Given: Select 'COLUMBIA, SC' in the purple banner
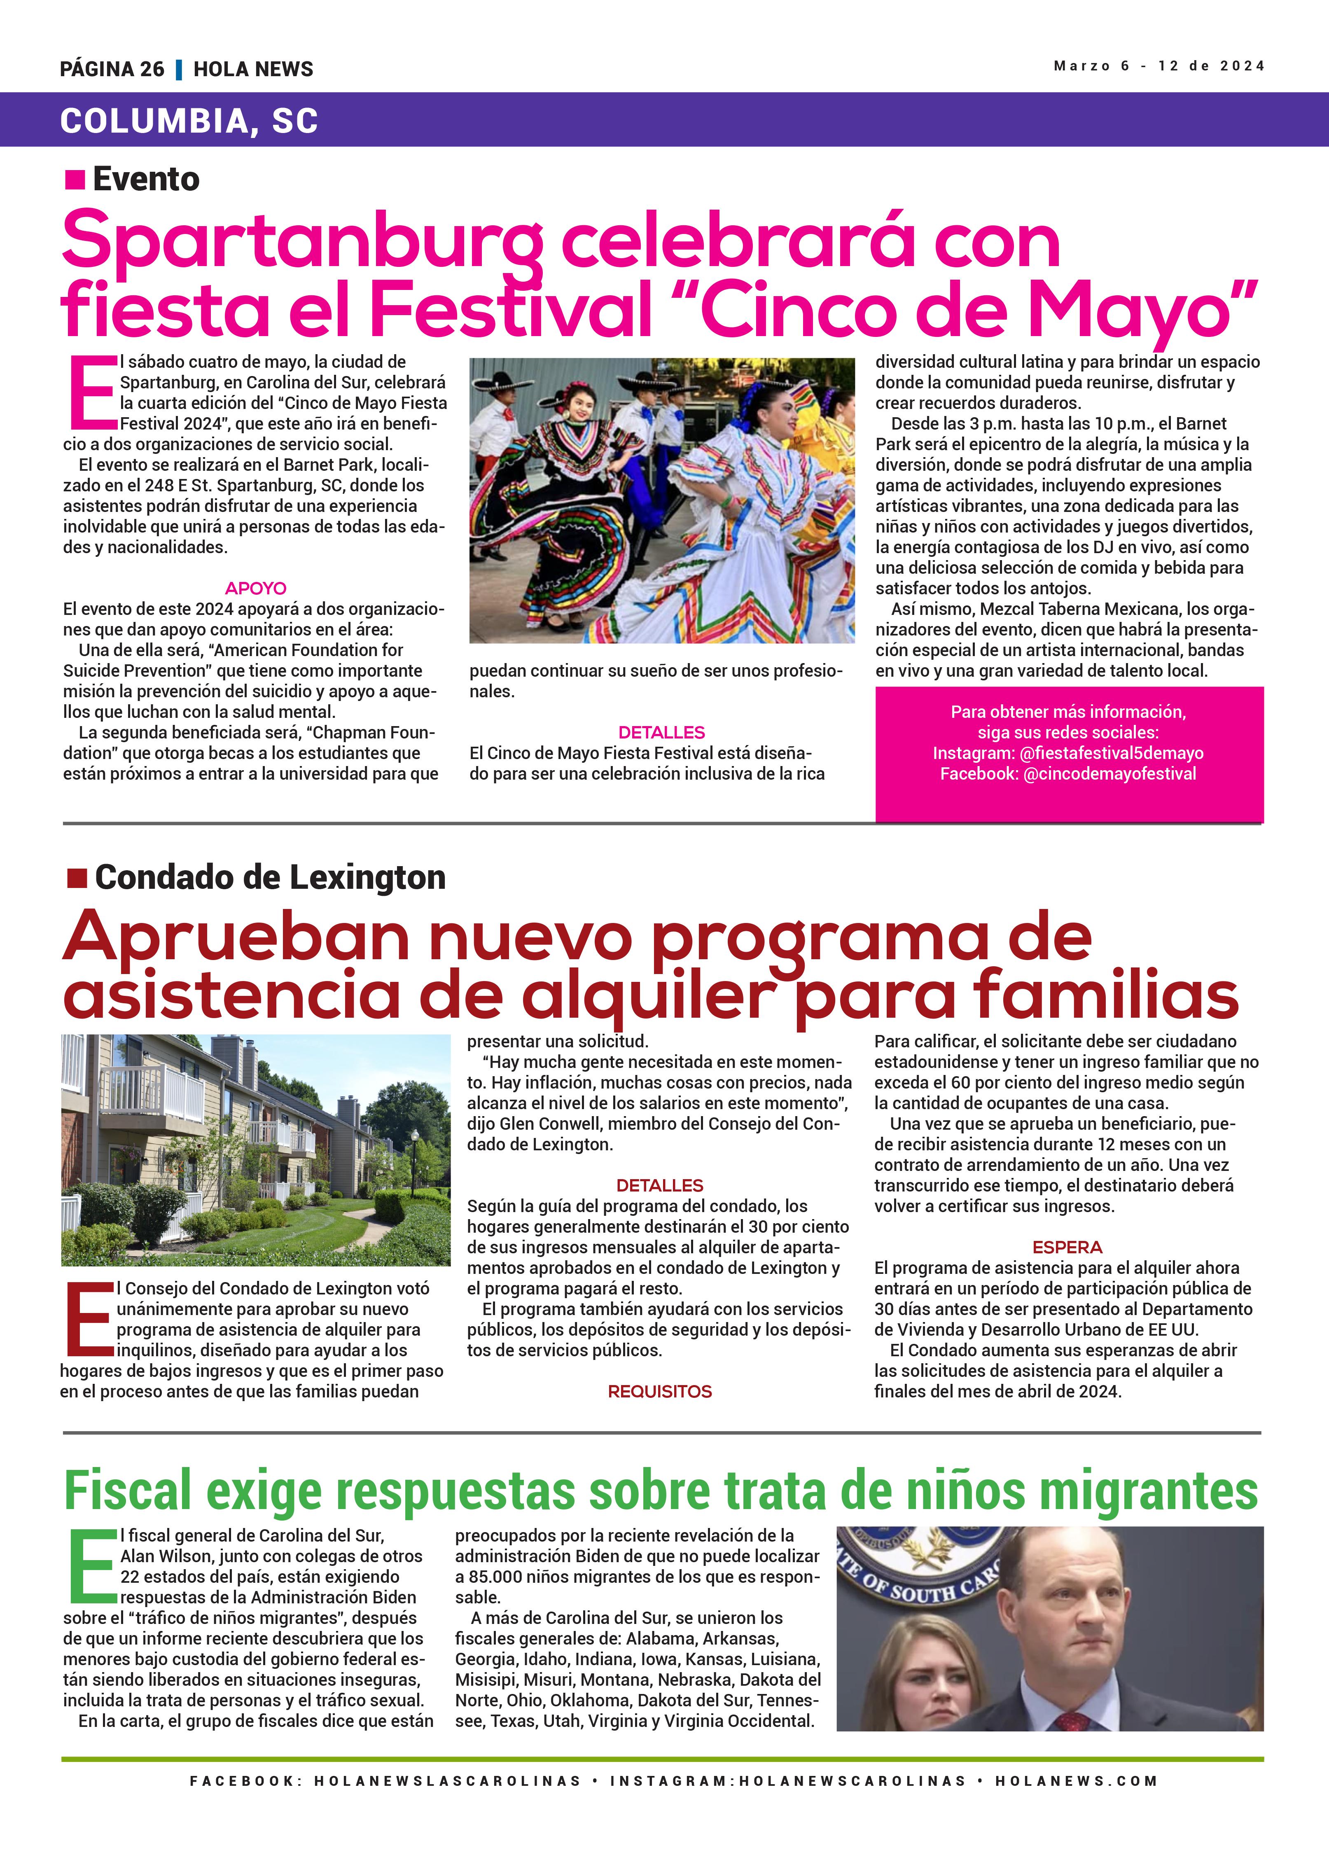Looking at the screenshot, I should [x=189, y=121].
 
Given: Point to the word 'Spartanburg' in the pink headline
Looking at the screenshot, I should [x=303, y=241].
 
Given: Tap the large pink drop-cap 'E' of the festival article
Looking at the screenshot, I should [x=90, y=392].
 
